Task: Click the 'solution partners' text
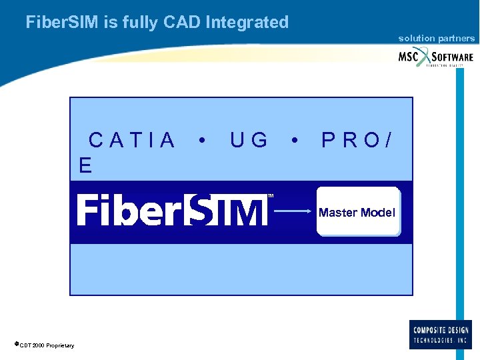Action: [x=437, y=39]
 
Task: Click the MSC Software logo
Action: [x=436, y=57]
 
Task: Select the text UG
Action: [x=249, y=141]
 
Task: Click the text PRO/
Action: [x=357, y=141]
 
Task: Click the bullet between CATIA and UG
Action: [x=202, y=141]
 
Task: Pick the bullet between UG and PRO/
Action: [x=294, y=141]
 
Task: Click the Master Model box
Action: [x=358, y=212]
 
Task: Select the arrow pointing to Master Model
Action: [x=294, y=212]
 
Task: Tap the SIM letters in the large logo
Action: [x=227, y=210]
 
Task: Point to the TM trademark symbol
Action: [x=271, y=196]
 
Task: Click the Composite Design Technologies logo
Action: [x=440, y=334]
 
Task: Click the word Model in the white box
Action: [x=377, y=213]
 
